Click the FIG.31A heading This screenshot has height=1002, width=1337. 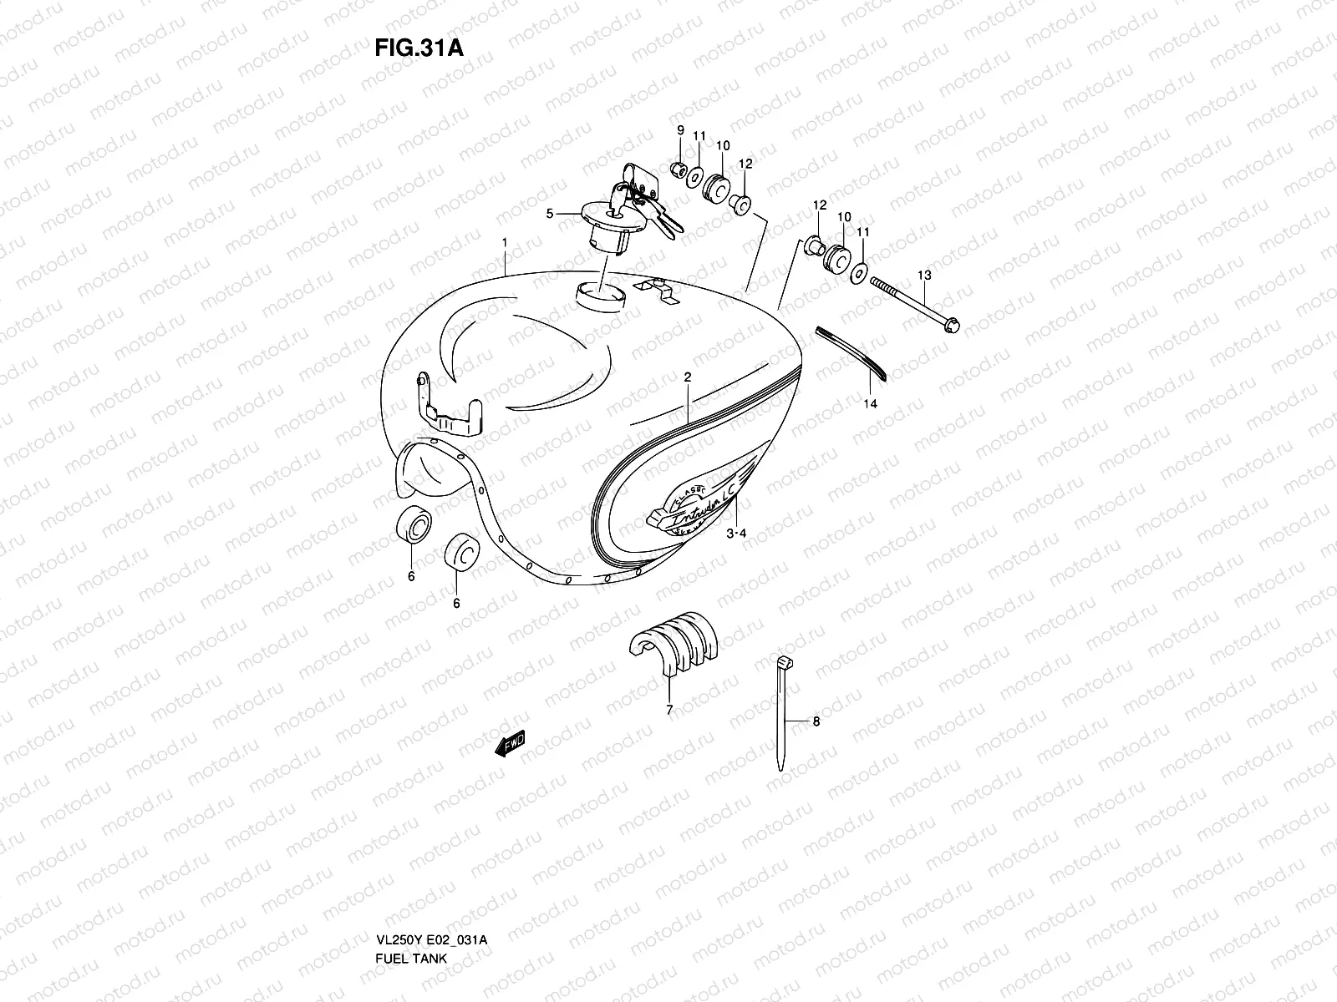[419, 47]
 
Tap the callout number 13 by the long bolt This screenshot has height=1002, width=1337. [923, 275]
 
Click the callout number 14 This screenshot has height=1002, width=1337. [871, 404]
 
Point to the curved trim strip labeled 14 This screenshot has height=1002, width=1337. [852, 351]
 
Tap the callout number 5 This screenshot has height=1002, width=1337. [550, 214]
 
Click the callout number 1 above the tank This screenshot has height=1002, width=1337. [505, 242]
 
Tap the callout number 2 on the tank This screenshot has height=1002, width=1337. [687, 377]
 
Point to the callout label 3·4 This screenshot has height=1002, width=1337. [735, 533]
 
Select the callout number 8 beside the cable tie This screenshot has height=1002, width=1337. [816, 721]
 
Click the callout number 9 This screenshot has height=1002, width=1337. [680, 129]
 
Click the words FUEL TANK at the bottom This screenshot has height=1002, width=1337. [411, 911]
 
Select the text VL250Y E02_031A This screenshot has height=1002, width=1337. [432, 893]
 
